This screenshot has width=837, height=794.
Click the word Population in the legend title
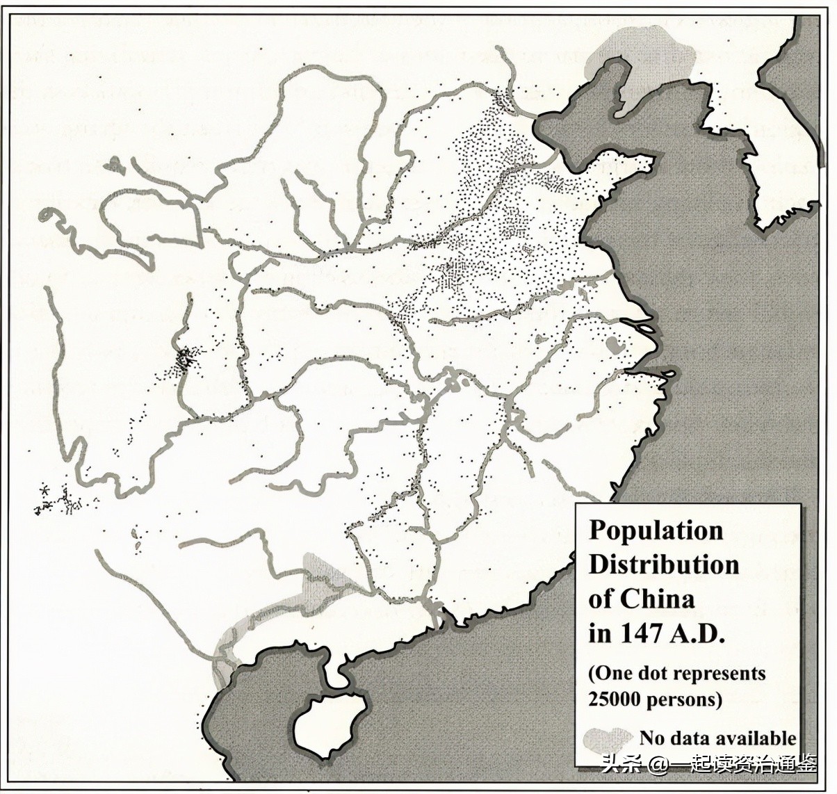point(656,530)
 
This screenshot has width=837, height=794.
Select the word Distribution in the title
point(663,565)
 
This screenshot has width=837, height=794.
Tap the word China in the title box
point(656,599)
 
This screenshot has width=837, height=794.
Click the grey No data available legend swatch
point(608,738)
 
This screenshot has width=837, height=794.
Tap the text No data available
point(717,738)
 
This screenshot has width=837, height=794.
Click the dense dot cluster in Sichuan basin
point(184,360)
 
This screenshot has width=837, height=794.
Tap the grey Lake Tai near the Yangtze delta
point(612,345)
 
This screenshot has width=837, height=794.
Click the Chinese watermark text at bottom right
point(709,765)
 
